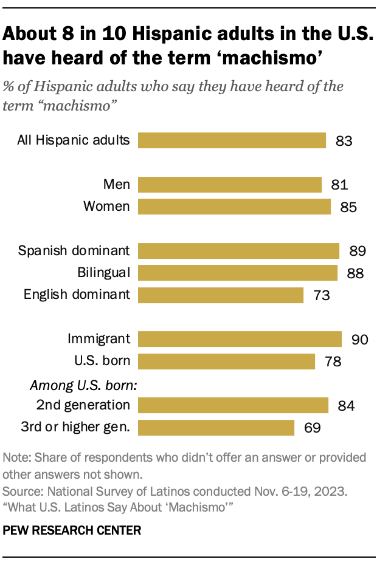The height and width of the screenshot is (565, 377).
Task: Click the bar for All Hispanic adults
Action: point(232,140)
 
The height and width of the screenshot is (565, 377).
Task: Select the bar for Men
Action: point(230,184)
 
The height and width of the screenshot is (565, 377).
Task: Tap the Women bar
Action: point(234,207)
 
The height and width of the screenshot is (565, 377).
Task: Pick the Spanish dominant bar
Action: point(238,250)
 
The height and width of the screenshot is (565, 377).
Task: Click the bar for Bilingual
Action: point(238,272)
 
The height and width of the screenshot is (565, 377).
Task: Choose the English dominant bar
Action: point(221,295)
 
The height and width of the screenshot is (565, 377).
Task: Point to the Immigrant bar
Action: point(240,338)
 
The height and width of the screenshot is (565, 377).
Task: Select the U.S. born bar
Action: point(226,361)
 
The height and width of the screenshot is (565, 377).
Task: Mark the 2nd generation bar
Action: point(233,405)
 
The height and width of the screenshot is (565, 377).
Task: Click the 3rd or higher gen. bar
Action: point(216,427)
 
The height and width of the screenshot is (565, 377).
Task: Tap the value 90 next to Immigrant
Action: point(360,339)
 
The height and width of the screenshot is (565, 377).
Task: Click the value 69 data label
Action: point(311,428)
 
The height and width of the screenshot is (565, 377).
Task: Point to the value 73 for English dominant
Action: point(321,295)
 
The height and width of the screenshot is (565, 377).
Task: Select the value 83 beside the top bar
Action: point(344,141)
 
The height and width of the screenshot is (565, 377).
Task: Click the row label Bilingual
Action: point(103,272)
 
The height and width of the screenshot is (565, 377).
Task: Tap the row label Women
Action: point(106,207)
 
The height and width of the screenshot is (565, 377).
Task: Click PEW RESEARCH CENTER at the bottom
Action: point(72,530)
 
